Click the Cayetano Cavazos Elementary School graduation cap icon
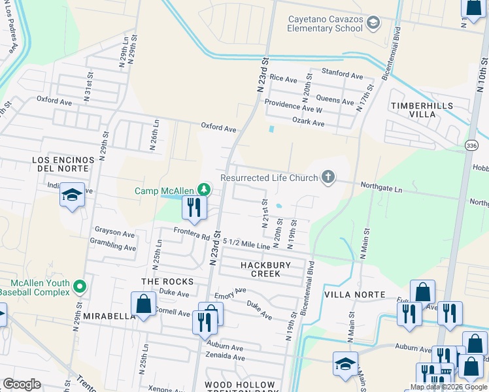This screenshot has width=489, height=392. [373, 24]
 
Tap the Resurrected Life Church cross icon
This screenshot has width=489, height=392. [328, 177]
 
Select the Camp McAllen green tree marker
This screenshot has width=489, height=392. [205, 190]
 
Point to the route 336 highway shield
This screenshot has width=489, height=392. [472, 144]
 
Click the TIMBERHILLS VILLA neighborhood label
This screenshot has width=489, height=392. [413, 109]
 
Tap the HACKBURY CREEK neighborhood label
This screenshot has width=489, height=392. [269, 269]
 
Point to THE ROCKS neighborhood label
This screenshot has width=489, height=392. [168, 281]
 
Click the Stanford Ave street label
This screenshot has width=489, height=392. [341, 76]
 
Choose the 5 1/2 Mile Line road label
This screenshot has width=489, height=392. [246, 243]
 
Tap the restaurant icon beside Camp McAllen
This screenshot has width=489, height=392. [194, 207]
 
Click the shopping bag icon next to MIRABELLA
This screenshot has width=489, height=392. [143, 304]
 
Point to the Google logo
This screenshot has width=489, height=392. [22, 384]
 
